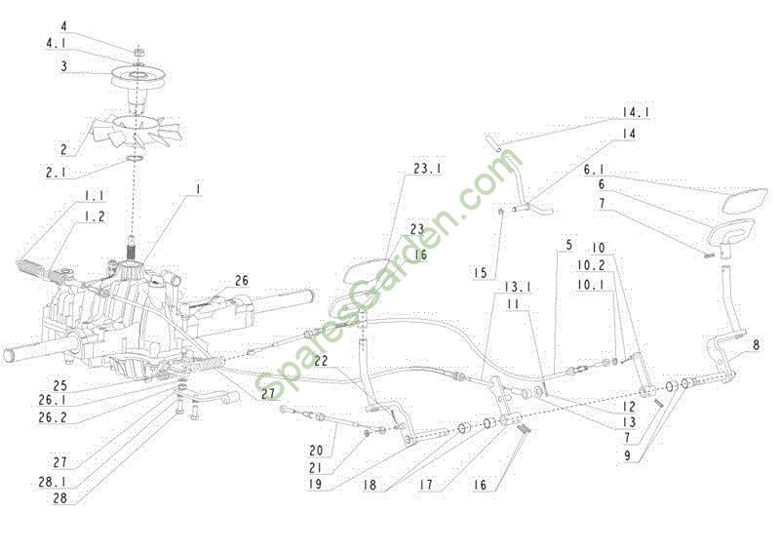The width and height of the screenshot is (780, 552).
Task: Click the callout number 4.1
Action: [x=57, y=44]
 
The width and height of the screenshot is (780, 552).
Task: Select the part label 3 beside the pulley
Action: [x=64, y=66]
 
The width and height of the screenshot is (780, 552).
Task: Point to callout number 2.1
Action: [x=56, y=174]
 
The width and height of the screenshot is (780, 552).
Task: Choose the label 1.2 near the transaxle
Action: [x=94, y=217]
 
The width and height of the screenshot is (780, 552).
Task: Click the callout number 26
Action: [x=241, y=281]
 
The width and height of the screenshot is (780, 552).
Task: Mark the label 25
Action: [x=59, y=386]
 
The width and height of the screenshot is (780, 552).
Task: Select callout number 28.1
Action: [x=53, y=482]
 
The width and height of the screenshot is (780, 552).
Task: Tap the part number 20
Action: [x=316, y=451]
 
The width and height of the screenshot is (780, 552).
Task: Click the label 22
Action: [x=321, y=361]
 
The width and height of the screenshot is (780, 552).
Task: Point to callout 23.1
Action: [x=427, y=169]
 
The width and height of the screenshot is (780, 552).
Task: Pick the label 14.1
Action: [x=636, y=112]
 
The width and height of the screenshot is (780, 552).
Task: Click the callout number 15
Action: [x=481, y=273]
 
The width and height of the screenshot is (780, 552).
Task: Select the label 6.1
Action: [x=594, y=170]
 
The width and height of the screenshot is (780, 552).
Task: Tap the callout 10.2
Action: [x=591, y=265]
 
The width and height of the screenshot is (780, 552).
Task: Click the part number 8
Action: [x=757, y=344]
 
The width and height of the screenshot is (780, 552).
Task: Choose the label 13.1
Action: [x=518, y=287]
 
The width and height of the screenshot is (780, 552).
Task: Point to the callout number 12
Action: [x=629, y=407]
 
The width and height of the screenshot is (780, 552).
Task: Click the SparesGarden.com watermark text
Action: [x=388, y=275]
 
